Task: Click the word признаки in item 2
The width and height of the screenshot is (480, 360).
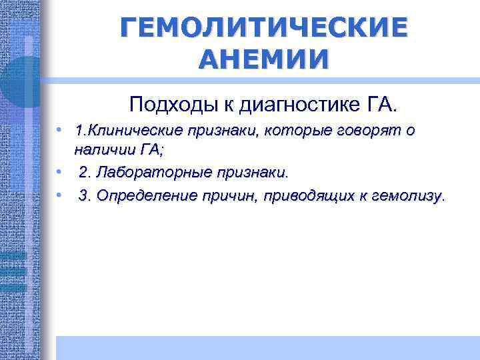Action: point(249,173)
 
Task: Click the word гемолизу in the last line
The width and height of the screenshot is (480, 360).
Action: point(408,196)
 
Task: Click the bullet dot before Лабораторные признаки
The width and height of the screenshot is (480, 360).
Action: point(59,173)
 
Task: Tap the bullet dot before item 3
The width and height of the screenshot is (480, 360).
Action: point(59,195)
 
